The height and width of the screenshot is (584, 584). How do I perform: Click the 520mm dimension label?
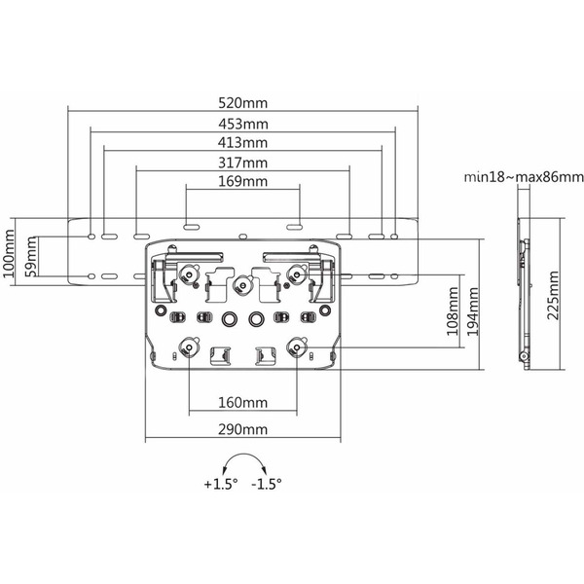click(x=243, y=102)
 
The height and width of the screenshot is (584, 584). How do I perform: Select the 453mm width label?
click(x=243, y=123)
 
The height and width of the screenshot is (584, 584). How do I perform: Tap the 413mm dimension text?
click(x=243, y=142)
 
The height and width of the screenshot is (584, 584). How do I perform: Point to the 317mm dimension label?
click(x=243, y=163)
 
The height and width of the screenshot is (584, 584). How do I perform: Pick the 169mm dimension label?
click(x=243, y=182)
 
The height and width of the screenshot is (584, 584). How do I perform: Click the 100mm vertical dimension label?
click(x=11, y=254)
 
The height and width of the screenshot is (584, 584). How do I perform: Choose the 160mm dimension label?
click(x=243, y=402)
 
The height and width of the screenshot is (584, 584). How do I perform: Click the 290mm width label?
click(x=243, y=429)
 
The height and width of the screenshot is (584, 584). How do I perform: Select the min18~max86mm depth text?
click(x=523, y=177)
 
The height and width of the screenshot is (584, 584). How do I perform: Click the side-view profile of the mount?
click(x=527, y=292)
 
